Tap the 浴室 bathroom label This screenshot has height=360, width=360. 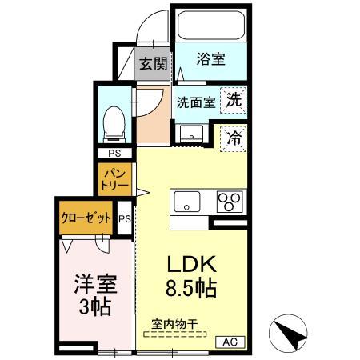coord(211,59)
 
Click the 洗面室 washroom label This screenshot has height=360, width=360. coord(195,102)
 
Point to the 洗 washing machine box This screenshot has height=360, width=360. coord(234,100)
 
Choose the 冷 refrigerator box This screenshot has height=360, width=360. coord(234,138)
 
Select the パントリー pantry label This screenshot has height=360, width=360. coord(113,178)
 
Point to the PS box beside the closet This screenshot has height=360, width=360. coord(124,218)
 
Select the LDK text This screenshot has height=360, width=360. coord(190,265)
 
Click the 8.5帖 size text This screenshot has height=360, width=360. coord(190,289)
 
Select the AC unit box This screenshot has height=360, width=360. coord(230,342)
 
